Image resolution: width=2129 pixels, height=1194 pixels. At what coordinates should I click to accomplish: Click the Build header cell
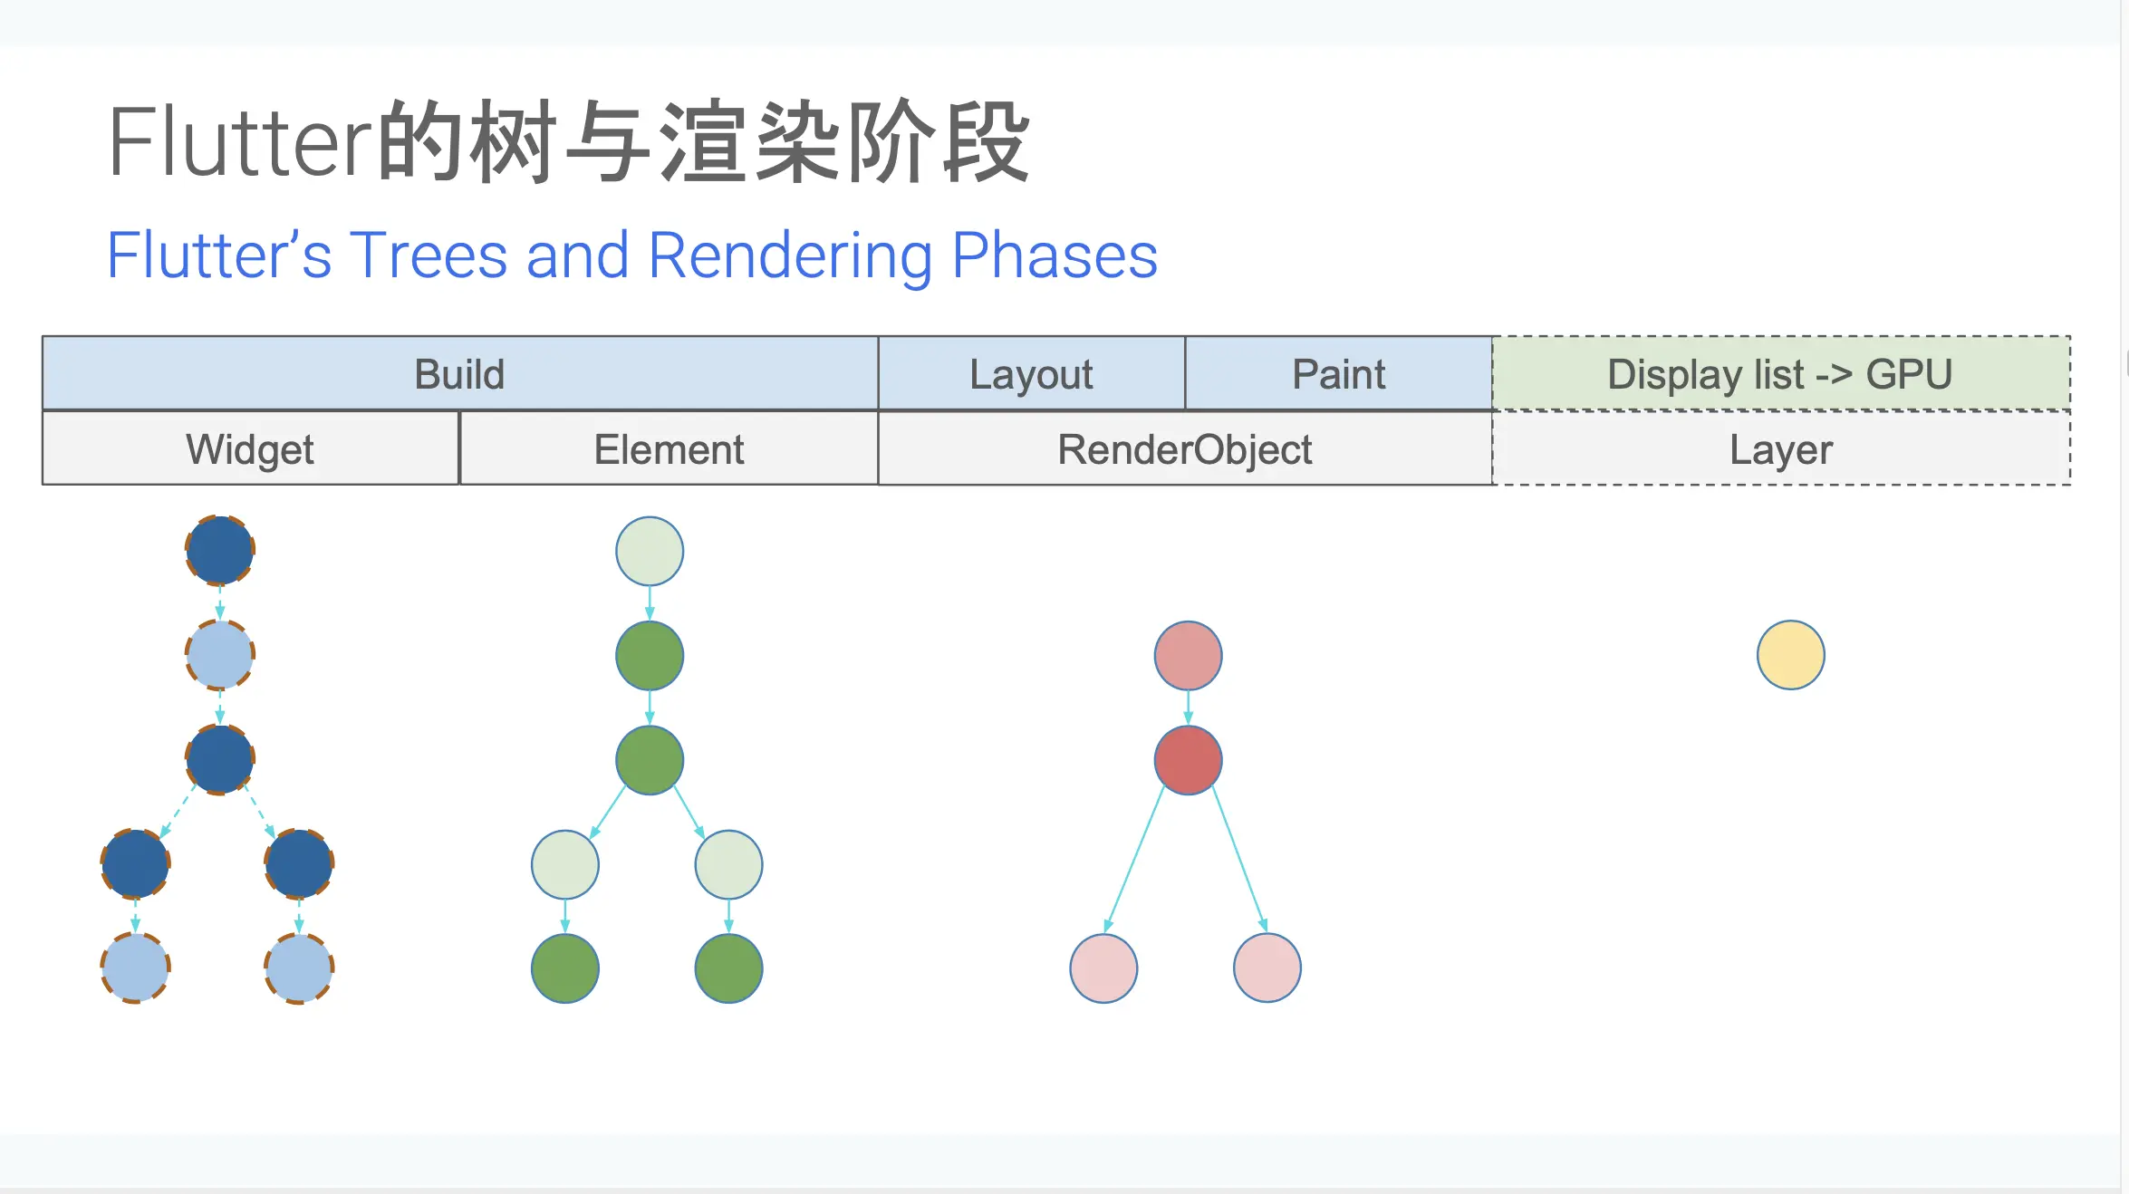pyautogui.click(x=459, y=374)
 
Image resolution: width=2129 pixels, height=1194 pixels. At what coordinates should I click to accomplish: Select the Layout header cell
pyautogui.click(x=1031, y=374)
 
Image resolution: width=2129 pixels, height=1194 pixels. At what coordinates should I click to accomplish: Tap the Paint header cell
pyautogui.click(x=1338, y=374)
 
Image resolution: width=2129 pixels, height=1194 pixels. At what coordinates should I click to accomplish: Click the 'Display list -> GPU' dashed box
pyautogui.click(x=1780, y=374)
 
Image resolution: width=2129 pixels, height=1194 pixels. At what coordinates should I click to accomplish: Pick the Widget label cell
pyautogui.click(x=250, y=449)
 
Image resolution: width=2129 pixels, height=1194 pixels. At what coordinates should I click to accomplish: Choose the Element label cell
pyautogui.click(x=669, y=449)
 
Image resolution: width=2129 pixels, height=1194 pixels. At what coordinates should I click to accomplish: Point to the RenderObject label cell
pyautogui.click(x=1185, y=449)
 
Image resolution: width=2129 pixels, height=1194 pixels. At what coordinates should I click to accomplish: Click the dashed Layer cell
pyautogui.click(x=1781, y=449)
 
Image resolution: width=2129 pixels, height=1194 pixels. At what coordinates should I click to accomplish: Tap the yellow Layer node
pyautogui.click(x=1790, y=655)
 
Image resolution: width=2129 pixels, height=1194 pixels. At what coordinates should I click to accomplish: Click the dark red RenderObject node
pyautogui.click(x=1188, y=760)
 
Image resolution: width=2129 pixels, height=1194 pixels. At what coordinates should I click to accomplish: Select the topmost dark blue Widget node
pyautogui.click(x=220, y=550)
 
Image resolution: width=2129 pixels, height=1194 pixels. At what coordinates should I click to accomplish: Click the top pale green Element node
pyautogui.click(x=650, y=551)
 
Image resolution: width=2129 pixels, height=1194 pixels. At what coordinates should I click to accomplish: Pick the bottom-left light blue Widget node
pyautogui.click(x=135, y=968)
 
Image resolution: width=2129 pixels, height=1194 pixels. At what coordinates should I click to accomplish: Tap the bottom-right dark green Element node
pyautogui.click(x=728, y=968)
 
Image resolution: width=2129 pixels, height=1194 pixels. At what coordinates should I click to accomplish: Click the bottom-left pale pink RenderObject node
pyautogui.click(x=1103, y=968)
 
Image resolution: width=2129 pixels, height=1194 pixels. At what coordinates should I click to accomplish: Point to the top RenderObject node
pyautogui.click(x=1188, y=655)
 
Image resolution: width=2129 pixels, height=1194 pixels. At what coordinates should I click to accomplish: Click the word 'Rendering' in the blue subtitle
pyautogui.click(x=790, y=255)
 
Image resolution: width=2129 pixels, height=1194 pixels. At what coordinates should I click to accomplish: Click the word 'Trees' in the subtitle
pyautogui.click(x=429, y=255)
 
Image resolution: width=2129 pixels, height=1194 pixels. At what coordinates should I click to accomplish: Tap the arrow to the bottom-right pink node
pyautogui.click(x=1239, y=861)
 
